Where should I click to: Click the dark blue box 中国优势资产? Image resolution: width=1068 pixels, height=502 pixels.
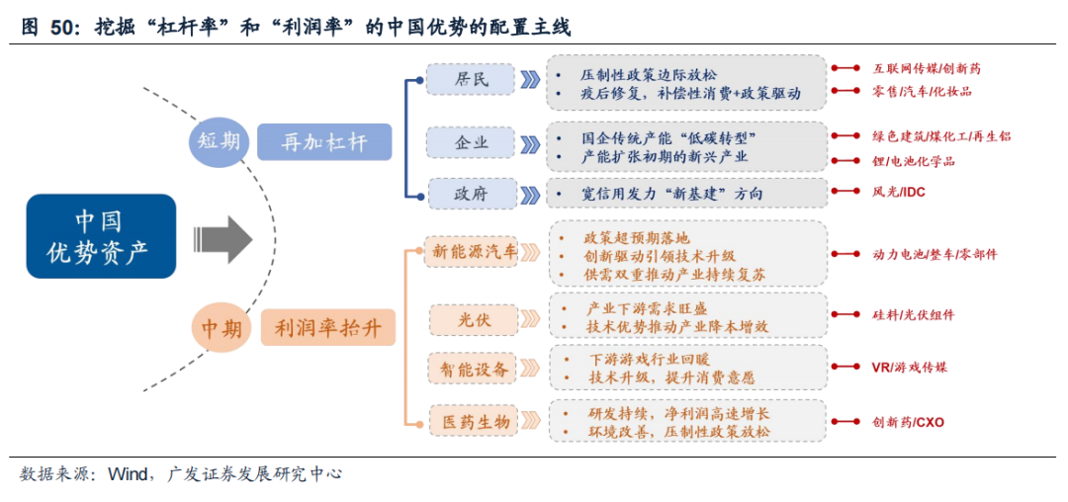click(x=101, y=236)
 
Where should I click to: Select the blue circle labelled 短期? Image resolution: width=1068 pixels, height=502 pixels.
click(x=216, y=142)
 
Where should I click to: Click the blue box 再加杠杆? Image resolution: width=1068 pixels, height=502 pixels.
click(x=324, y=142)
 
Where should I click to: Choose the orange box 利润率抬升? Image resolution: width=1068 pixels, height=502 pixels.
click(x=328, y=327)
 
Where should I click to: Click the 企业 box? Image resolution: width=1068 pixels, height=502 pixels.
click(x=471, y=143)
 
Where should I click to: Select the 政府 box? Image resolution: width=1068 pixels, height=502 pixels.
click(x=471, y=193)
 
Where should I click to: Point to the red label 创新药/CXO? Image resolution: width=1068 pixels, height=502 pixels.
click(x=908, y=422)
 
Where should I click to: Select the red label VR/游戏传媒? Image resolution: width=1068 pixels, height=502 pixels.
click(x=909, y=368)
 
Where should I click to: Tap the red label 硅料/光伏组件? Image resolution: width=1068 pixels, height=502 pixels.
click(x=913, y=315)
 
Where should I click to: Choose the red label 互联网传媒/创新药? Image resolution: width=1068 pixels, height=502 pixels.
click(x=927, y=69)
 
